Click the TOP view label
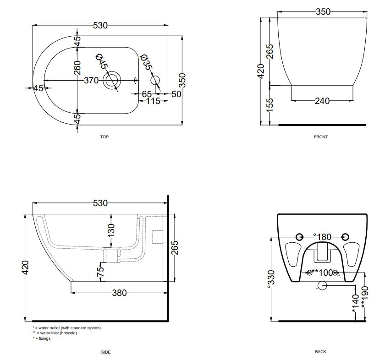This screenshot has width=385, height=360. pos(104,137)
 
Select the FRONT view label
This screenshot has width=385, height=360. pos(321,137)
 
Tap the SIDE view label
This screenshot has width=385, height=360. pos(106,352)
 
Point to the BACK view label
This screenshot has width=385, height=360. pos(321,352)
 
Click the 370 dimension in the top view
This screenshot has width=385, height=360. pos(91,80)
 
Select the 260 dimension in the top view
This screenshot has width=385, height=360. pos(77,67)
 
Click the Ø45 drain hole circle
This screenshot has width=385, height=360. pos(112,80)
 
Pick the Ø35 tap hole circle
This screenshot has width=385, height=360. pos(155,80)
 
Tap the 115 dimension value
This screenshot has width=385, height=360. pos(153,101)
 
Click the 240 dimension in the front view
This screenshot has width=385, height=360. pos(322,101)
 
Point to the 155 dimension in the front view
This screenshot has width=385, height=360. pos(269,105)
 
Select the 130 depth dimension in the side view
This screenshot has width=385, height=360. pos(111,230)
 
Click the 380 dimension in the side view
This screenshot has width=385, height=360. pos(120,293)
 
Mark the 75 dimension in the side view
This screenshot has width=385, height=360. pos(101,272)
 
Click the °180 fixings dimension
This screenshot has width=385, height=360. pos(322,237)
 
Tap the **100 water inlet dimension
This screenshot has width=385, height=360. pos(322,273)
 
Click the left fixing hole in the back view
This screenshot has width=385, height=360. pos(299,237)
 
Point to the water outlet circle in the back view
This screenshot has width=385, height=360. pos(322,285)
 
